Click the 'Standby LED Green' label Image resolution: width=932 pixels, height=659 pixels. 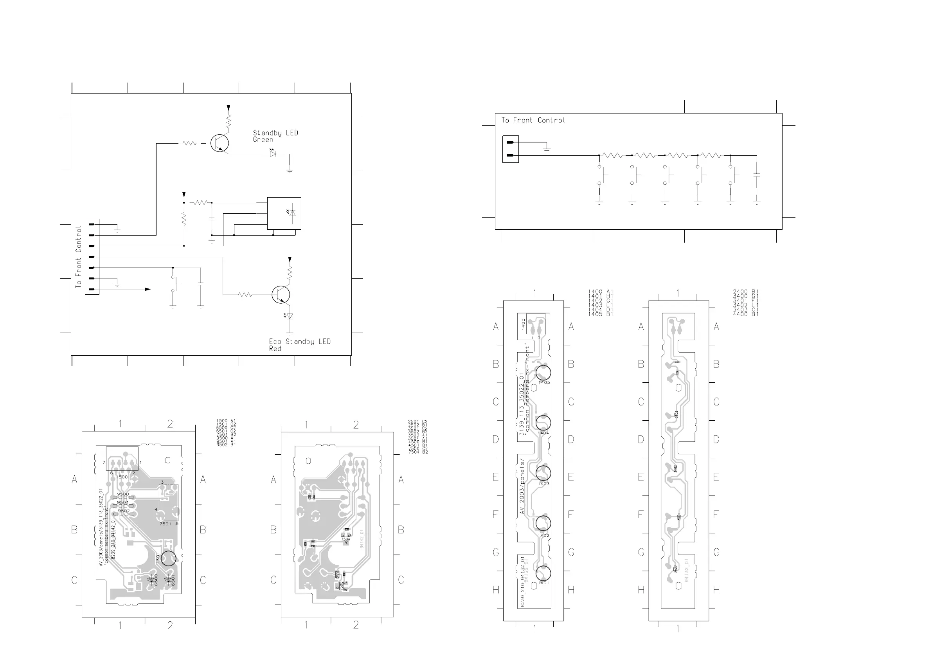tap(275, 136)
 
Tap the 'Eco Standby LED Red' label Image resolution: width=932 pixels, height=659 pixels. tap(300, 345)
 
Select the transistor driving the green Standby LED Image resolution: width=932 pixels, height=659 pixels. tap(220, 143)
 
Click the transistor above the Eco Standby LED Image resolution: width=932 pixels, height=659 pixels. tap(281, 294)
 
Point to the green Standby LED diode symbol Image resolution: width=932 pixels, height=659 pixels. tap(273, 154)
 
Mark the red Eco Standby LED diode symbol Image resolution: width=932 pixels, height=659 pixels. tap(289, 316)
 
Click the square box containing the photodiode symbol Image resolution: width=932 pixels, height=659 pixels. tap(284, 213)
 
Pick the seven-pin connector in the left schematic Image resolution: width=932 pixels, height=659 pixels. tap(92, 257)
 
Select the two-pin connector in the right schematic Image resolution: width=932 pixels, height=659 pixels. tap(510, 149)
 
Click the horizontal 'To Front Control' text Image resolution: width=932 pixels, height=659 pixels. tap(533, 120)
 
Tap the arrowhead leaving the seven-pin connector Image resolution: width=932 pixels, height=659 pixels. tap(148, 289)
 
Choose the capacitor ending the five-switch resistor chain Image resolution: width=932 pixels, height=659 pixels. tap(756, 175)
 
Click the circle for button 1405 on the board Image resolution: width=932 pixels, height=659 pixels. tap(543, 373)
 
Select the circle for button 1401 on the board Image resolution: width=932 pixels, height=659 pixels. tap(543, 573)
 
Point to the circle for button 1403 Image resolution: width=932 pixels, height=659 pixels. tap(543, 473)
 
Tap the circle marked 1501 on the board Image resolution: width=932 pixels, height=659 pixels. tap(169, 558)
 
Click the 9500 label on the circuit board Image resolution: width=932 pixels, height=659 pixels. tap(123, 494)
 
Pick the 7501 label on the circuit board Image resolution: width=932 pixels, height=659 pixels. tap(166, 524)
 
